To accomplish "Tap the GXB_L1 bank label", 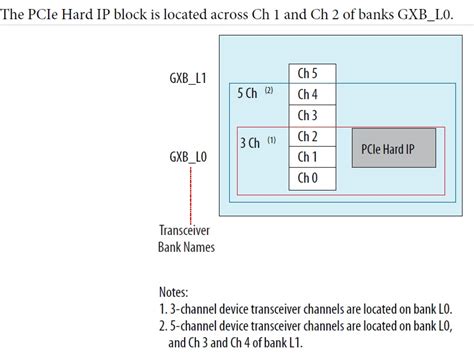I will click(x=188, y=78).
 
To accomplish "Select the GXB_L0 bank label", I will click(x=188, y=157).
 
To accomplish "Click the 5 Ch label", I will click(x=247, y=93).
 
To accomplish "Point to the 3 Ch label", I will click(x=250, y=143).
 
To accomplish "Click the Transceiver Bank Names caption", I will click(x=187, y=237).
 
